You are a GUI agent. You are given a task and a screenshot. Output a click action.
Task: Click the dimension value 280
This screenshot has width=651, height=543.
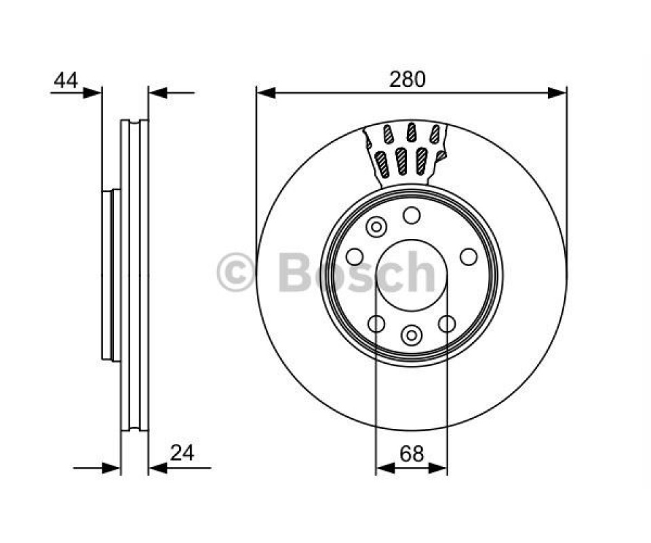tap(408, 79)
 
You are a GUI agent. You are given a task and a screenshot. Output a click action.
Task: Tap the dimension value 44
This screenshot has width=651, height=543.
tap(66, 80)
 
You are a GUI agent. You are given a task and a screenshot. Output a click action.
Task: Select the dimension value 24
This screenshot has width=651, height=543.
tap(182, 453)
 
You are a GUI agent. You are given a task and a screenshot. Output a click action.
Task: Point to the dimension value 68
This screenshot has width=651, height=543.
tap(412, 453)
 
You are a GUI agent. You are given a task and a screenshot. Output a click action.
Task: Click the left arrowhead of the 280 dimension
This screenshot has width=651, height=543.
tap(266, 93)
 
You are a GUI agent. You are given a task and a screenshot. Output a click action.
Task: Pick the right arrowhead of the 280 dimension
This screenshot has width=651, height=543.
tap(557, 93)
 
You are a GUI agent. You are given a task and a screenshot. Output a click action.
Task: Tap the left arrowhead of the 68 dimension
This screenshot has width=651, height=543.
tap(385, 468)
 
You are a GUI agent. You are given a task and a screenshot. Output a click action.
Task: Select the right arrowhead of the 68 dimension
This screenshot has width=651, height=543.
tap(437, 468)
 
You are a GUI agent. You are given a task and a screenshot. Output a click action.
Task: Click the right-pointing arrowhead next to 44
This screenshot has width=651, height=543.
tap(92, 93)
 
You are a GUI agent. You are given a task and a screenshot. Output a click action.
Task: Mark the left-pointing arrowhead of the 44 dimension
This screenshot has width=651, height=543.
tap(158, 93)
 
